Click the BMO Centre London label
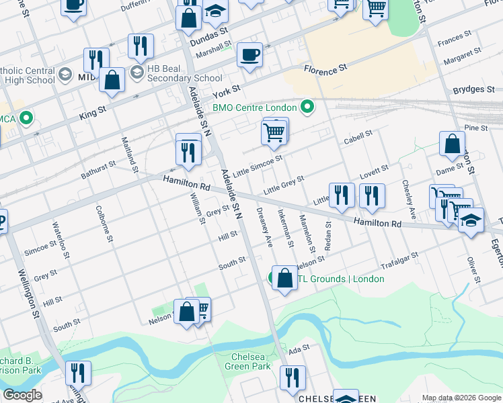pyautogui.click(x=254, y=107)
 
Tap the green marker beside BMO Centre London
pyautogui.click(x=307, y=107)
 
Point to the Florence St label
pyautogui.click(x=325, y=69)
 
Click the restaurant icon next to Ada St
pyautogui.click(x=293, y=377)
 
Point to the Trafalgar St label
pyautogui.click(x=399, y=260)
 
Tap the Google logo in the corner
pyautogui.click(x=22, y=395)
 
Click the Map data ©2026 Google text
pyautogui.click(x=461, y=398)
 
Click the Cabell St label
pyautogui.click(x=358, y=136)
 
